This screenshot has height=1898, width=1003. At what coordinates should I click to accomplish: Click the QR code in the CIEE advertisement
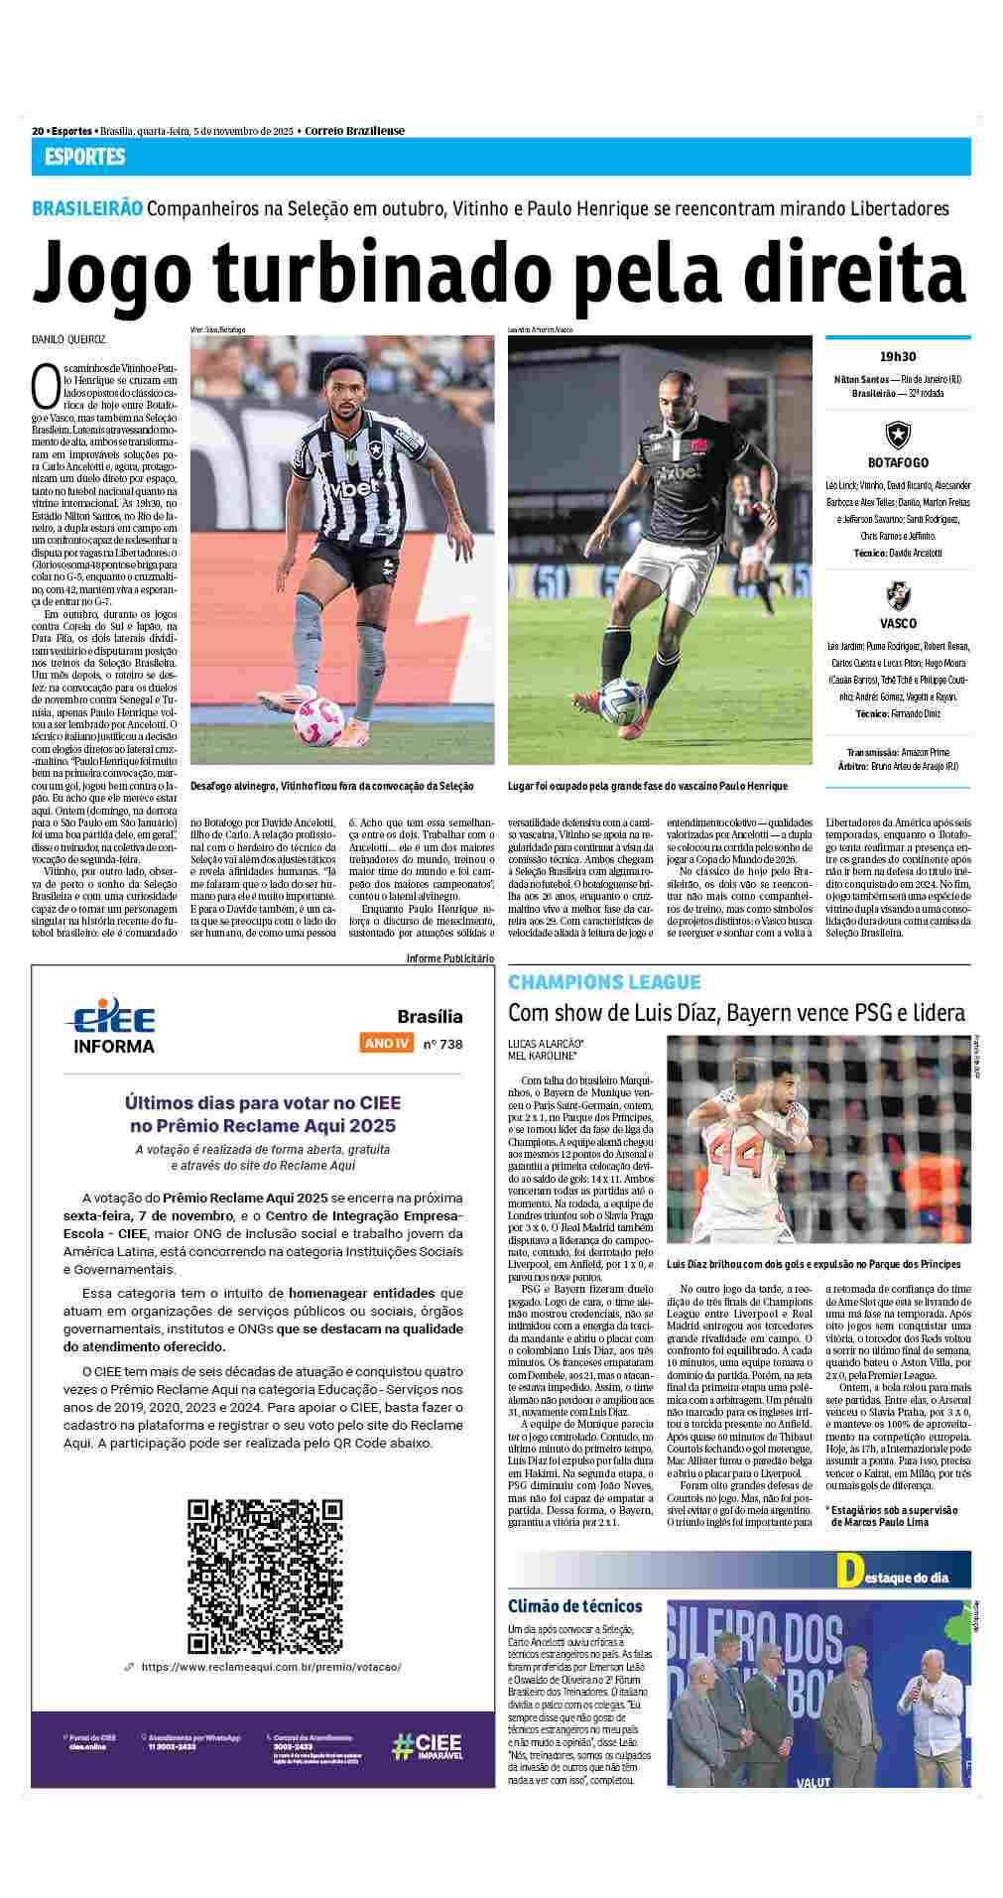[x=265, y=1569]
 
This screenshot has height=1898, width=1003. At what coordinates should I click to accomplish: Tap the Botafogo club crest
[x=898, y=435]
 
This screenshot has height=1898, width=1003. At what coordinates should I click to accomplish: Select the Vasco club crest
[x=898, y=596]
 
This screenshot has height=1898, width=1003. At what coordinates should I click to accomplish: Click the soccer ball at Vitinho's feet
[x=317, y=721]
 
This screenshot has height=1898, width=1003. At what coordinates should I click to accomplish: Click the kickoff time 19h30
[x=897, y=357]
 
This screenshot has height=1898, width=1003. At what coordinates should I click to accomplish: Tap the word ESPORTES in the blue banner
[x=84, y=157]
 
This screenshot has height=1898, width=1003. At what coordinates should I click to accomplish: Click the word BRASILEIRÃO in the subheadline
[x=87, y=209]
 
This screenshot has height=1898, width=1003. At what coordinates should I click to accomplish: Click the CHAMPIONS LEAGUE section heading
[x=604, y=982]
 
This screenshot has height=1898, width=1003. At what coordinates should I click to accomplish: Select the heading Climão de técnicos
[x=574, y=1605]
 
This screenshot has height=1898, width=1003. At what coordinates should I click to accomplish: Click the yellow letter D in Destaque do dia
[x=847, y=1570]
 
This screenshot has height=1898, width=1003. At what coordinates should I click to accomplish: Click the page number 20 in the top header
[x=38, y=131]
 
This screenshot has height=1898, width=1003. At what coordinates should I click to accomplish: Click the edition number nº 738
[x=442, y=1044]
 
